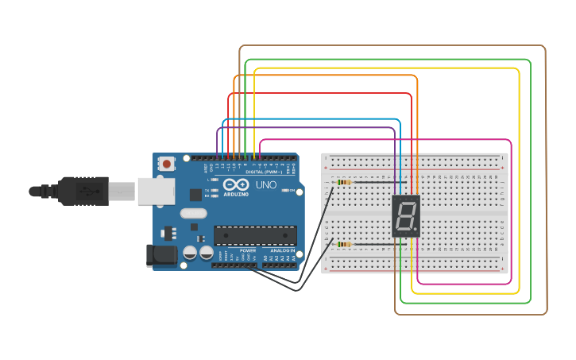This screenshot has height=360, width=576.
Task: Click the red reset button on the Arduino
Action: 167,164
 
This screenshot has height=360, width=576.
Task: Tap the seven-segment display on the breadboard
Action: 406,216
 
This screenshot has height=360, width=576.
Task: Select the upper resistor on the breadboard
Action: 344,183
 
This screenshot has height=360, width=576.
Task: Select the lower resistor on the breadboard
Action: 344,244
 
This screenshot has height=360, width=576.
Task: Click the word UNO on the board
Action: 265,185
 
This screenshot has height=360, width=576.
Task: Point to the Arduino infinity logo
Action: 235,184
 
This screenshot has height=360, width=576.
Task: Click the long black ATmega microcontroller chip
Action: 255,235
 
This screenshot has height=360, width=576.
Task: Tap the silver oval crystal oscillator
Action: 193,213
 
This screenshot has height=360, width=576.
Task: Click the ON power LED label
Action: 293,191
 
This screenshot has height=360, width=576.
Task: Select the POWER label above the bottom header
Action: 248,250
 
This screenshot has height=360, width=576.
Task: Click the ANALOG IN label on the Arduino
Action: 282,250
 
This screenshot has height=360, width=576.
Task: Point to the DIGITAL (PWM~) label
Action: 264,172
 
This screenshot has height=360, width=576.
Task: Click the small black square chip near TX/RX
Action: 195,195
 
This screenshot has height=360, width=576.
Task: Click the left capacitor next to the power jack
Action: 190,253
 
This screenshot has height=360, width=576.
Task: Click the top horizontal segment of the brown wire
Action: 392,46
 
